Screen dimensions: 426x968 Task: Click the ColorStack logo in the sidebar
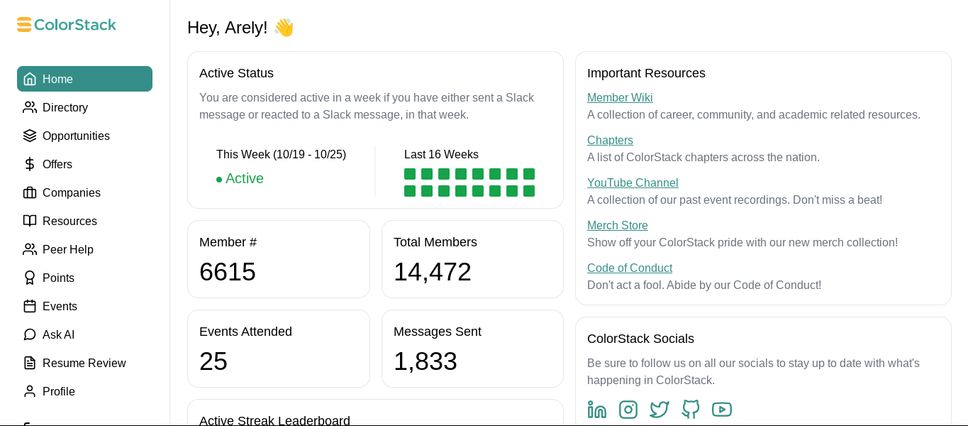coord(67,25)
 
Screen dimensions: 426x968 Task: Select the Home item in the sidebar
coord(84,79)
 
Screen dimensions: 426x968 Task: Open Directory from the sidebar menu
coord(65,107)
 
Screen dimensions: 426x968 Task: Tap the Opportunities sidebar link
coord(75,136)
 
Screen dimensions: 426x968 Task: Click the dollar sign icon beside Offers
coord(30,164)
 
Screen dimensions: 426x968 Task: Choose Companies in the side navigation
coord(71,192)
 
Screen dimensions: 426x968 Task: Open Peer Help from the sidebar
coord(67,249)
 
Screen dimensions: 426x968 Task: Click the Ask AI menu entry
coord(58,334)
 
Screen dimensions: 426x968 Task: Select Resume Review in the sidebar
coord(84,363)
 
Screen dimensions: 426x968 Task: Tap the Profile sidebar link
coord(58,391)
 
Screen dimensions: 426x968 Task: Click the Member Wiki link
coord(620,98)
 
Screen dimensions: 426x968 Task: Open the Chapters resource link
coord(610,141)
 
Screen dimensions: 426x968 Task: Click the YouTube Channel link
coord(633,183)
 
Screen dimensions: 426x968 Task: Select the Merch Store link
coord(618,226)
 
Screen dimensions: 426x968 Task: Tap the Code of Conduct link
coord(630,268)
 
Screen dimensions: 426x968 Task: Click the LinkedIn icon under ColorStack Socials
coord(597,410)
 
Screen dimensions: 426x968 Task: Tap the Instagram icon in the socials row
coord(628,410)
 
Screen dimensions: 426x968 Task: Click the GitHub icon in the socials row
coord(691,410)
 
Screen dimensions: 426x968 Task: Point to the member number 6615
coord(228,272)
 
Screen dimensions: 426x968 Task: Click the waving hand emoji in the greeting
coord(284,28)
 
